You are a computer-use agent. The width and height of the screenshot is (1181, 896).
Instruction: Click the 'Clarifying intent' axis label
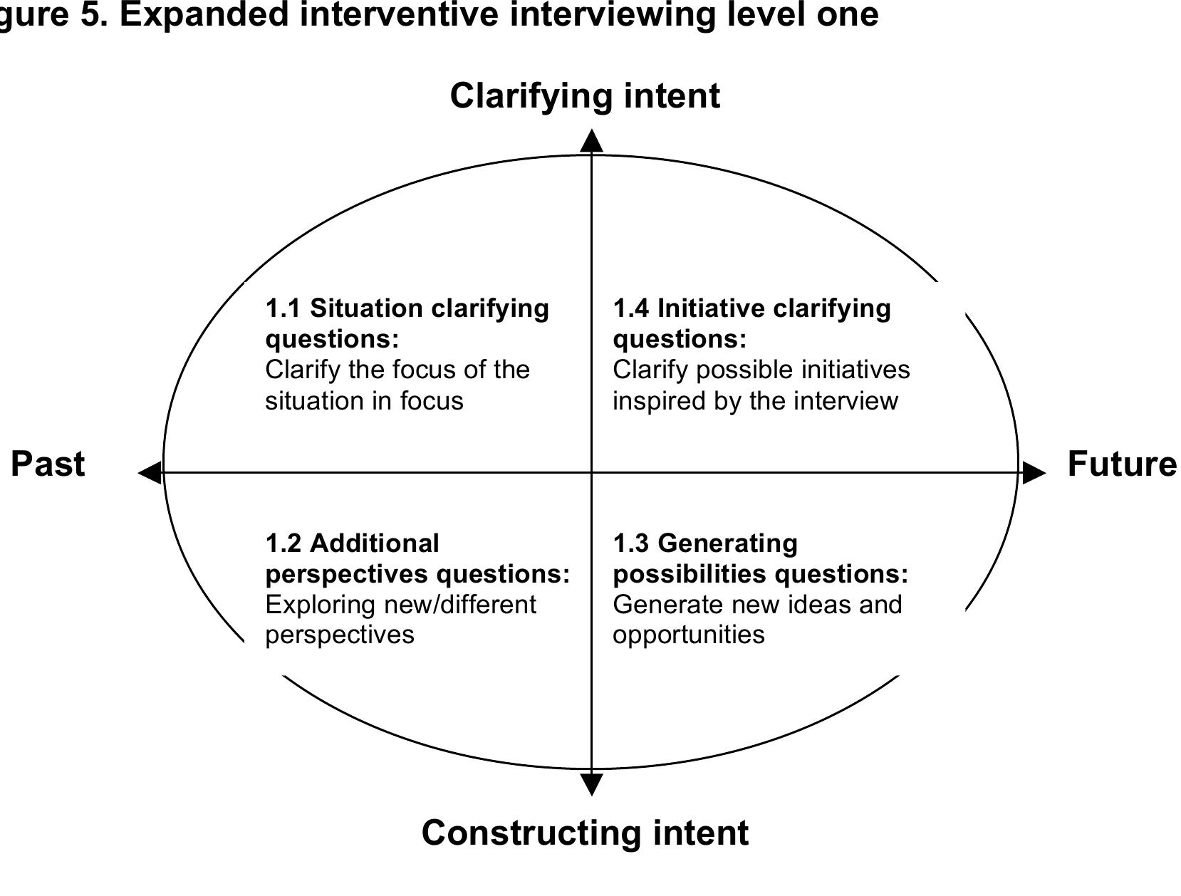584,96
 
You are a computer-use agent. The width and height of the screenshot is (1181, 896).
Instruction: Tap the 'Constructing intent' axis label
584,833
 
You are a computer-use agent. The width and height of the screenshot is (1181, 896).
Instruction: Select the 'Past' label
48,464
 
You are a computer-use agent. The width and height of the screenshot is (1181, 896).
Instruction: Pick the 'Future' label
1121,464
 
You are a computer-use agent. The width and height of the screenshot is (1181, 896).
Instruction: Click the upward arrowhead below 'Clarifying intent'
591,141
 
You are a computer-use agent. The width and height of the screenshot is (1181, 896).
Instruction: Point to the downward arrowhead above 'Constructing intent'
591,784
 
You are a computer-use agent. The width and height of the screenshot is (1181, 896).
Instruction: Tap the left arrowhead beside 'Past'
150,472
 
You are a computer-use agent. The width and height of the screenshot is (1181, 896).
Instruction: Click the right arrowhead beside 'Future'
1034,472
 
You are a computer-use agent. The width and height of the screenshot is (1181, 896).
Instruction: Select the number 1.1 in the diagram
283,308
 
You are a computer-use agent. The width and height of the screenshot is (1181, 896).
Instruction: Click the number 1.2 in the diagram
283,543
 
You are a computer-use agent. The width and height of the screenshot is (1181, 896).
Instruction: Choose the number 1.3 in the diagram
631,543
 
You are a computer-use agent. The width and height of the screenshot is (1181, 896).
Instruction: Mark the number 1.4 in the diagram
631,308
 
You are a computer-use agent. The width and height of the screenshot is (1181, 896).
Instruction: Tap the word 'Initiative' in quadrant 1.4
710,308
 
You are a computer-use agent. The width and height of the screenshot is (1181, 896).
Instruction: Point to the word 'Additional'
375,543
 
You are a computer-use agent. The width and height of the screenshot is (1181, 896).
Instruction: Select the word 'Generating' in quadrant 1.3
727,543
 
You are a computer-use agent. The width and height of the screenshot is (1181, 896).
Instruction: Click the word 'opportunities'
688,635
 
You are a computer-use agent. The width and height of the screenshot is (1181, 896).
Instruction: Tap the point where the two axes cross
591,472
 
